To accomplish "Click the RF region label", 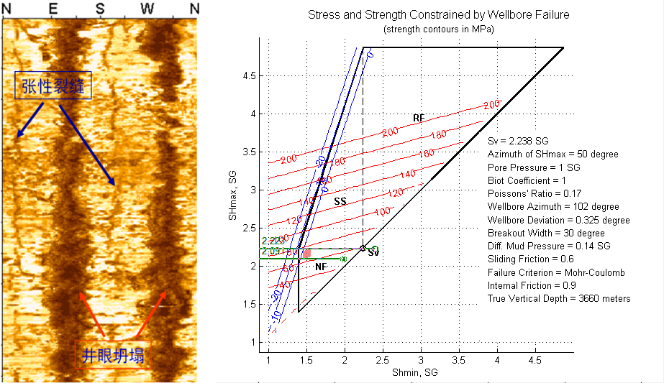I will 419,118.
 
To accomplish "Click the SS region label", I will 340,203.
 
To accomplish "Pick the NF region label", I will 321,267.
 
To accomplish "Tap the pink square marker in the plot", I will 306,254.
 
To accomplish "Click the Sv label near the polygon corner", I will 373,254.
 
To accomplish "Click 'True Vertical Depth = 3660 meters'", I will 559,298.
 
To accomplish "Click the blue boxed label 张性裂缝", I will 53,86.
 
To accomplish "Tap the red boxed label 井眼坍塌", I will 113,353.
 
